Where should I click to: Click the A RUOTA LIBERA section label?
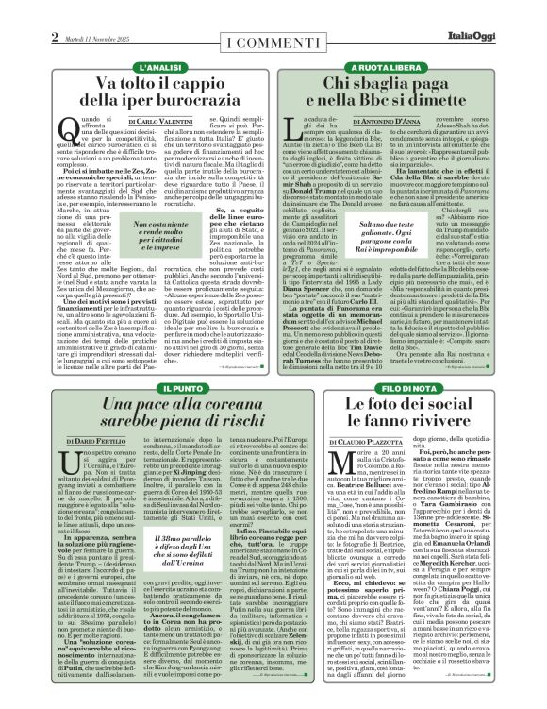click(x=388, y=69)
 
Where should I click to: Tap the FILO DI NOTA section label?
click(x=388, y=388)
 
